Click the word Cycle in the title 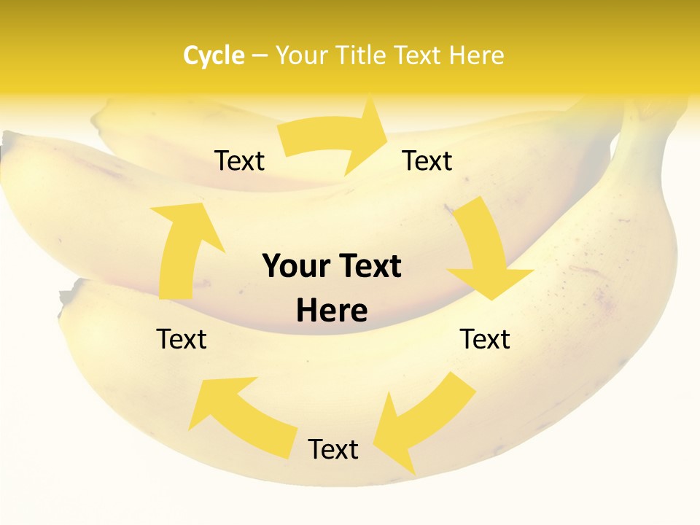coord(214,55)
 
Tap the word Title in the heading coord(362,55)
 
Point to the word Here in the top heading coord(475,55)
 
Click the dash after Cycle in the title coord(259,56)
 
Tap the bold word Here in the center coord(332,311)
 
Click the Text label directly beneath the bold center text coord(333,449)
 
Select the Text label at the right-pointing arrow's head coord(427,160)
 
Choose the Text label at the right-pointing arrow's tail coord(240,160)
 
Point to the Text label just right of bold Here coord(485,339)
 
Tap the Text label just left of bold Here coord(182,339)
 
